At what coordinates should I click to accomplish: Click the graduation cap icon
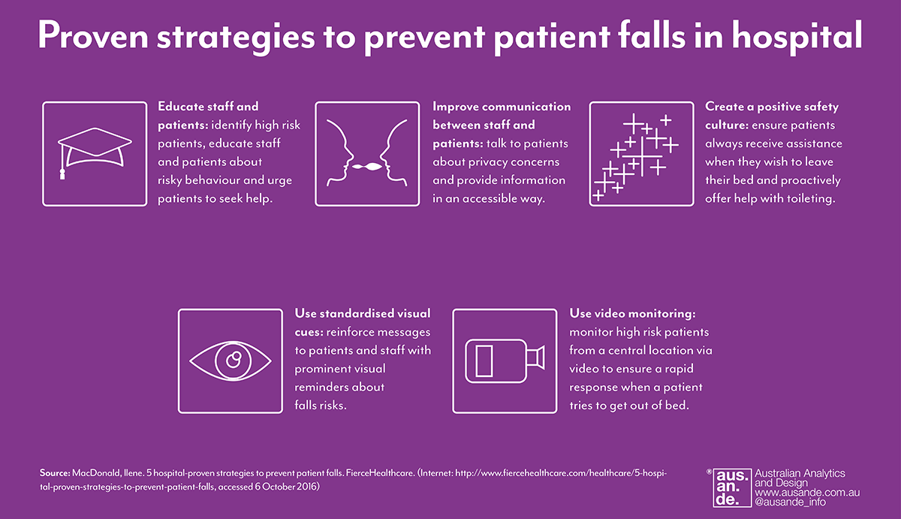click(95, 148)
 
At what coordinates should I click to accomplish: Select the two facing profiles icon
click(367, 153)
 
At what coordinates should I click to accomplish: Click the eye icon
click(231, 361)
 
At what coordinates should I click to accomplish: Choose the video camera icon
click(505, 361)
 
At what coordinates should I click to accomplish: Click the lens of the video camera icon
click(536, 358)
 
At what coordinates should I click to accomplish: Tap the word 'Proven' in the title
click(93, 36)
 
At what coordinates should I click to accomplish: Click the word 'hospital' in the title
click(797, 37)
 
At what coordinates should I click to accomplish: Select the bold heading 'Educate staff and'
click(208, 107)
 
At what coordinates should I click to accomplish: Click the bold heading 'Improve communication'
click(502, 107)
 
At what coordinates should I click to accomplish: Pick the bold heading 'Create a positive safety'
click(772, 107)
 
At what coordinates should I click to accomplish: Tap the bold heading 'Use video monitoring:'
click(632, 314)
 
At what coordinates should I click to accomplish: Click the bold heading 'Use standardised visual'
click(363, 313)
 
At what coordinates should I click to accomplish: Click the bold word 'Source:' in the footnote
click(55, 472)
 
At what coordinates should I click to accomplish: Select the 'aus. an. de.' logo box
click(732, 487)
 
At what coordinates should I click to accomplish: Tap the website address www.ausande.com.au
click(807, 493)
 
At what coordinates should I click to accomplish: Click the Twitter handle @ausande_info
click(790, 502)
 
